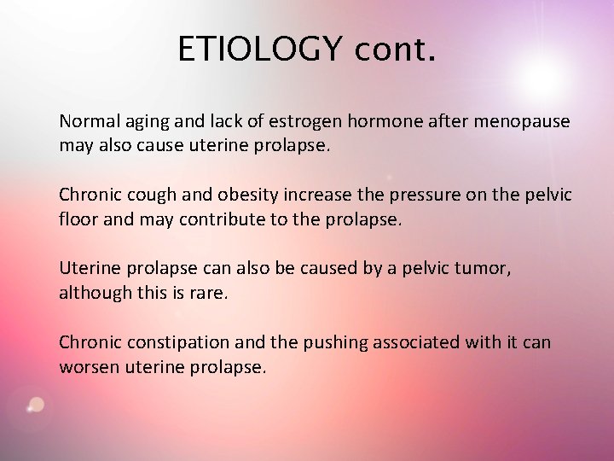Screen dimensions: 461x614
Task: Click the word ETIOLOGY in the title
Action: pos(258,50)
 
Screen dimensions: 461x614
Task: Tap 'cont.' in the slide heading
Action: pos(396,50)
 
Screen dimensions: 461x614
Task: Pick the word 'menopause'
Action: pos(524,122)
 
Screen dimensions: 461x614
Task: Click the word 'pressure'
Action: pos(423,195)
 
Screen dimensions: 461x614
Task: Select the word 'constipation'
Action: pos(177,342)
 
